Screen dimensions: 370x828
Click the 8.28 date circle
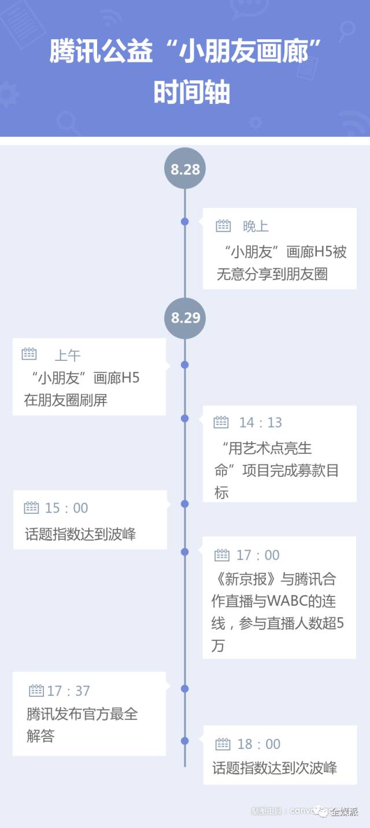185,169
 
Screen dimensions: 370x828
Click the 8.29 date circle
185,318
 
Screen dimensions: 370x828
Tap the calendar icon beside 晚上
223,226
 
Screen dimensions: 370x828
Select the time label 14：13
261,423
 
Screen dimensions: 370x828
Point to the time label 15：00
66,508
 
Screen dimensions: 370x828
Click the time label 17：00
258,555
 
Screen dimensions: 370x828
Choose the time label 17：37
69,691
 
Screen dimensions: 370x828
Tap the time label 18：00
259,744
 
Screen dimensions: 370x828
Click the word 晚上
256,226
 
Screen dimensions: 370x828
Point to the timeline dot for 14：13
185,418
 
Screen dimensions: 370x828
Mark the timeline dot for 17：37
185,688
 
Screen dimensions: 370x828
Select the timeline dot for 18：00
185,740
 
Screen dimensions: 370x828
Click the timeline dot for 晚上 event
185,221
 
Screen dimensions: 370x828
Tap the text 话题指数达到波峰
80,534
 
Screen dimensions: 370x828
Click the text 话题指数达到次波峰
275,768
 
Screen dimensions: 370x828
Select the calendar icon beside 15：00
32,508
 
